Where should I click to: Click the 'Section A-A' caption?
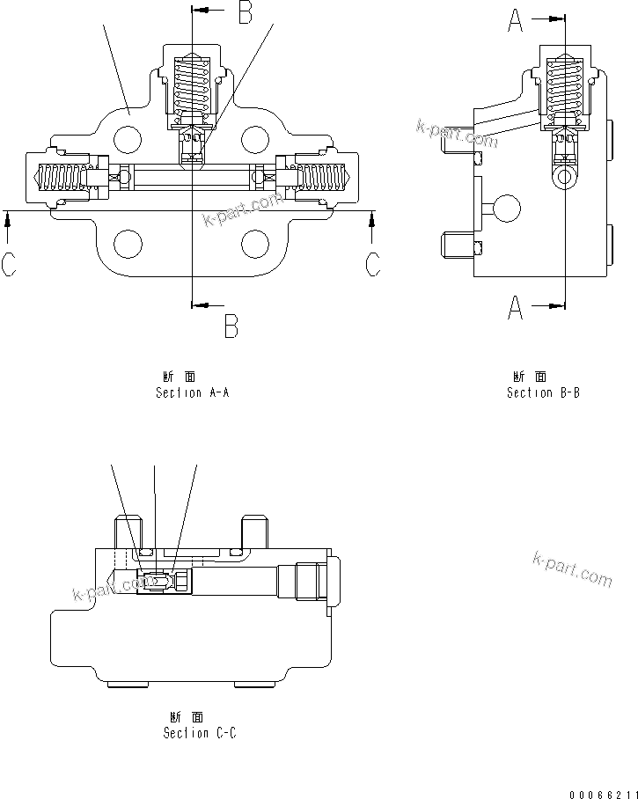point(192,392)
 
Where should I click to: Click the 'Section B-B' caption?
point(543,392)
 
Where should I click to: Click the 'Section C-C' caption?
point(200,732)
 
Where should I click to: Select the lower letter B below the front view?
point(231,326)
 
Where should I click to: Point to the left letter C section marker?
point(9,263)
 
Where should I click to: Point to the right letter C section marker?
point(373,263)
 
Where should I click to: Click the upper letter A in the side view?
point(516,19)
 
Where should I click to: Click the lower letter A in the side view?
point(516,307)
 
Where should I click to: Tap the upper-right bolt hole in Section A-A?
point(254,137)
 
